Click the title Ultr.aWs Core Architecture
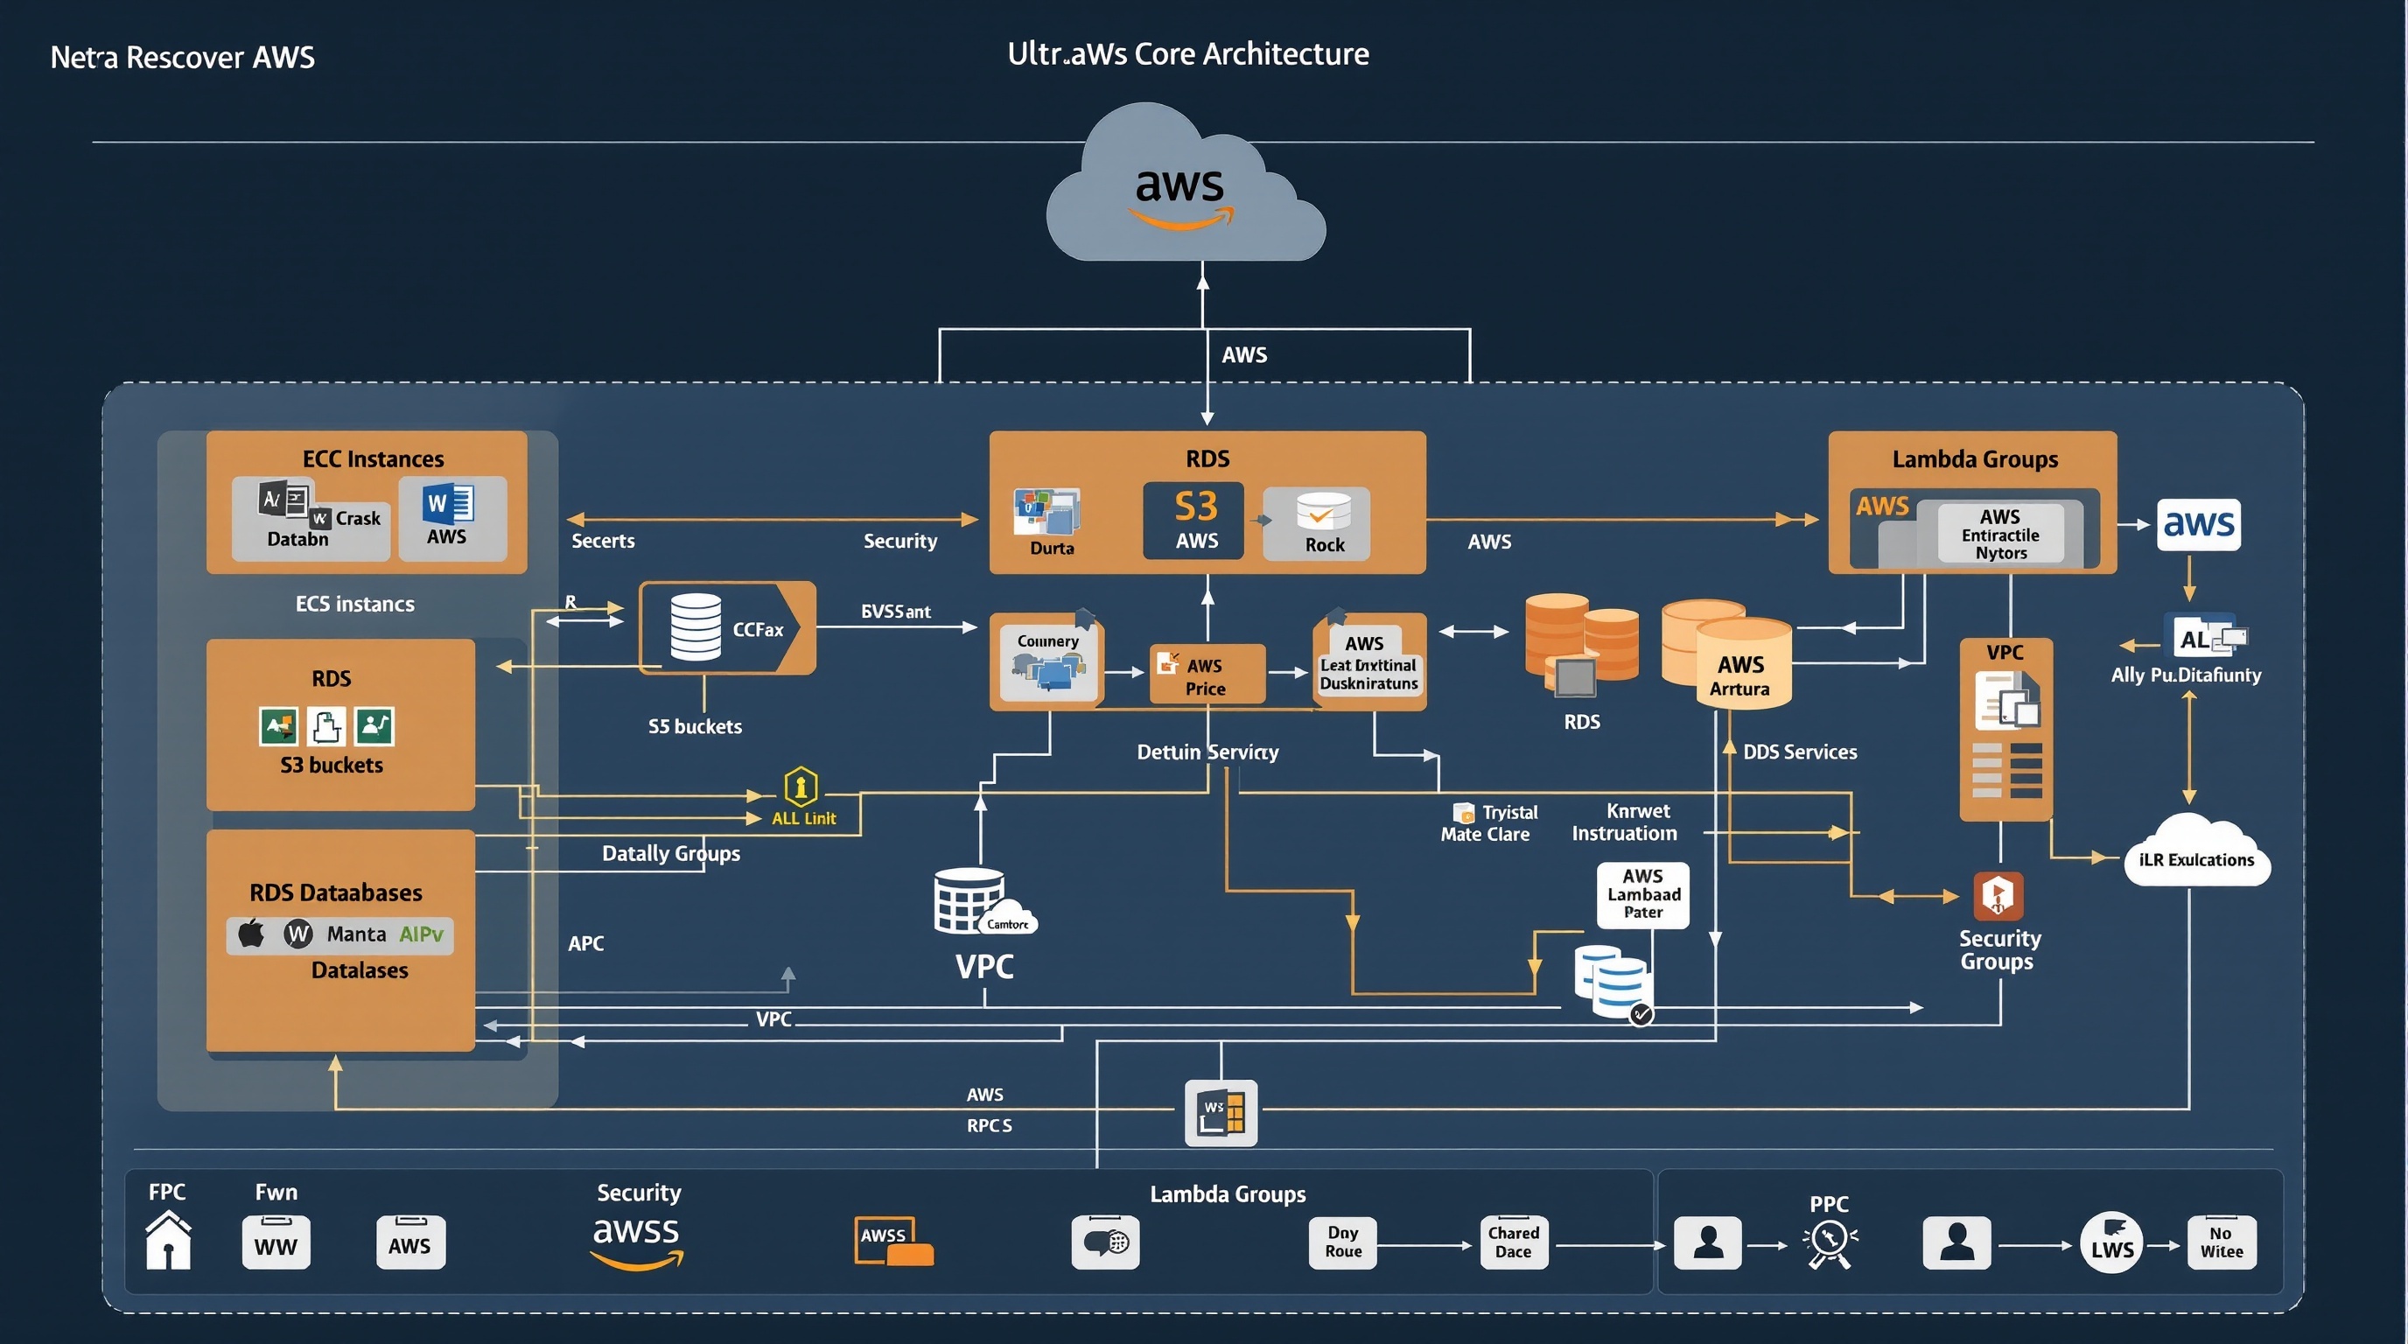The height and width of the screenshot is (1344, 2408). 1187,54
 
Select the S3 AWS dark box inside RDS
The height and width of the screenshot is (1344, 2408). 1193,521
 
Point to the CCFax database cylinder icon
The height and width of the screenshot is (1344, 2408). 696,627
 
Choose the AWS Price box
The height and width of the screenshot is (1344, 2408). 1206,674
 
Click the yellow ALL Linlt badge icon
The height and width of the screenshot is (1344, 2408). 800,787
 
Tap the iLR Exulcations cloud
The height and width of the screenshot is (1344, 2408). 2195,851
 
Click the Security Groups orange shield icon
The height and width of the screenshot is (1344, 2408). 1998,895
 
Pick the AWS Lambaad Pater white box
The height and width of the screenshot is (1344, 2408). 1642,894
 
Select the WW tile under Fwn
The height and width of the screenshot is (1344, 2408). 276,1243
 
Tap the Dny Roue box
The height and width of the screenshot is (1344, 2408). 1342,1242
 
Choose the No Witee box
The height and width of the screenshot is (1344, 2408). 2221,1242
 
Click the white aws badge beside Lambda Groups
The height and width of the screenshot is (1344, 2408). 2198,524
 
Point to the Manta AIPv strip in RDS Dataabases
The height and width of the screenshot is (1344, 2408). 339,934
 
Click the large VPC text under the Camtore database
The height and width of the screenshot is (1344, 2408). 983,966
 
